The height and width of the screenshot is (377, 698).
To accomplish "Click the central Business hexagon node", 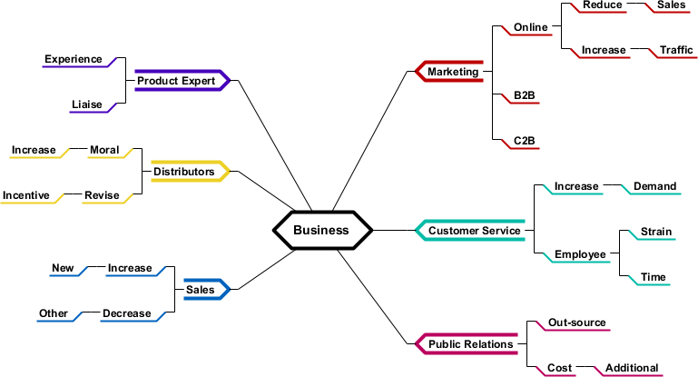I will point(321,230).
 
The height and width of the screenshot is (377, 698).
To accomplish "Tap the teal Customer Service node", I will point(474,231).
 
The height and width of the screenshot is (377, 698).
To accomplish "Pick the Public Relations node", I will point(470,344).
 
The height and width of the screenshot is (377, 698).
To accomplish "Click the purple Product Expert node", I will point(176,81).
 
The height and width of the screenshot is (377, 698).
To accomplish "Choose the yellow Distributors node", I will point(183,172).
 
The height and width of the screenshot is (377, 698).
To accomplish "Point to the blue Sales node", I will point(200,290).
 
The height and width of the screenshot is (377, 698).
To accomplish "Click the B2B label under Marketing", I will point(524,95).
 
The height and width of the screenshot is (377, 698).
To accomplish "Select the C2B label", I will point(524,141).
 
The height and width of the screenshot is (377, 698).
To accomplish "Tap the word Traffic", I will point(676,50).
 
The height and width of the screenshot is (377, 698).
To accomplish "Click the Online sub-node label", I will point(530,27).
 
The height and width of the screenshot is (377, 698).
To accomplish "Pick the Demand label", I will point(654,186).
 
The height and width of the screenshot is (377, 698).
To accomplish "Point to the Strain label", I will point(656,232).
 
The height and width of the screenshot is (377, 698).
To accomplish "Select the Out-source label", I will point(576,322).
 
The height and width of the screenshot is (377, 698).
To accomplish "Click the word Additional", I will point(632,368).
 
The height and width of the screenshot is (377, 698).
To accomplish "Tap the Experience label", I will point(74,59).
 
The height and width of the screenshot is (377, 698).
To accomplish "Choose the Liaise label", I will point(87,104).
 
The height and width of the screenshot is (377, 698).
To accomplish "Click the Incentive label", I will point(26,195).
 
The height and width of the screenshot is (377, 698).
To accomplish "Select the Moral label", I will point(104,150).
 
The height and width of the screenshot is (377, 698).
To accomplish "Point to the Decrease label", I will point(126,313).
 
